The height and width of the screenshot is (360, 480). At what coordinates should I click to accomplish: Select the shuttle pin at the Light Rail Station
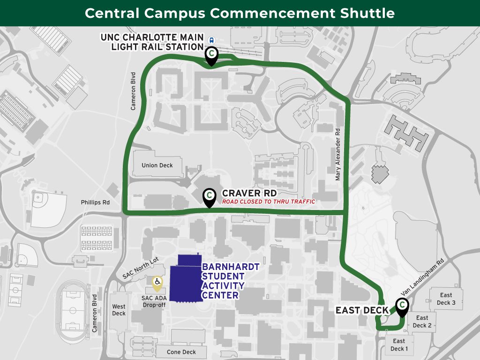coord(212,54)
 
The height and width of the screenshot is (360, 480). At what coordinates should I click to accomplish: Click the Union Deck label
coord(157,165)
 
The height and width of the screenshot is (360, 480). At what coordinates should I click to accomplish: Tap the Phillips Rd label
coord(95,203)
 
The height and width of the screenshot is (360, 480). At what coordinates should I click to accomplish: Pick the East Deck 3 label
coord(446,299)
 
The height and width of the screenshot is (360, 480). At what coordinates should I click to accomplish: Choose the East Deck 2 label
coord(422,322)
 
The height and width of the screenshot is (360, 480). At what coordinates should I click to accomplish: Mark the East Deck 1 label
coord(399,345)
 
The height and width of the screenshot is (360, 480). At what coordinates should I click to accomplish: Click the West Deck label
coord(119,310)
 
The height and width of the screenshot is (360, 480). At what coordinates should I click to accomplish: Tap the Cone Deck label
coord(181,352)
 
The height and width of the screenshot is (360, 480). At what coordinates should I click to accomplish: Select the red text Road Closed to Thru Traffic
coord(269,202)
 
